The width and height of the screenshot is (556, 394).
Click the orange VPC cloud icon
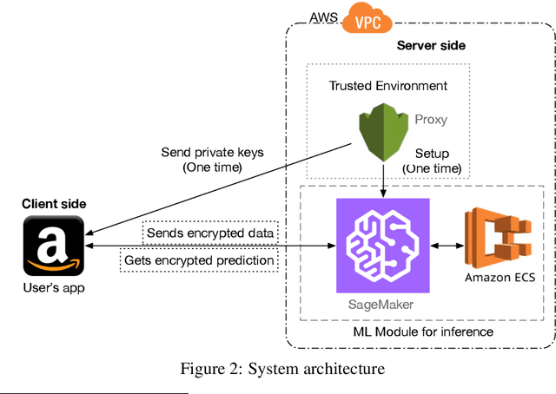[x=368, y=18]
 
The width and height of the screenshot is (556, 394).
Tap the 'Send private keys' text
[x=212, y=153]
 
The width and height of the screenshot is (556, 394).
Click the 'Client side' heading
[x=54, y=204]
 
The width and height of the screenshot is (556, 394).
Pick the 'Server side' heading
[x=431, y=45]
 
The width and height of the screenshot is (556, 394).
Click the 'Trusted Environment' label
[x=388, y=86]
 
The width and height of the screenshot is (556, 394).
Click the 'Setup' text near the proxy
[x=432, y=153]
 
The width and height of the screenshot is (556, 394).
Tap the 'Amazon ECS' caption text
[x=499, y=278]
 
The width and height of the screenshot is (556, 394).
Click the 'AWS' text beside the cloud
[x=324, y=17]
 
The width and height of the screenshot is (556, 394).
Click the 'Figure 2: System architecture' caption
[x=281, y=369]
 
